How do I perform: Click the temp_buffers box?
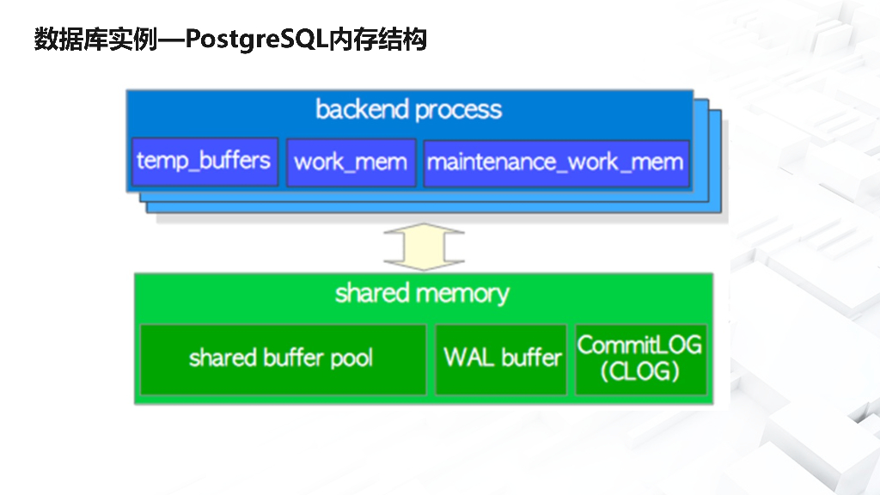[205, 161]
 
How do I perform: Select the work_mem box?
[350, 162]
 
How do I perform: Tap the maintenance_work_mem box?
[556, 162]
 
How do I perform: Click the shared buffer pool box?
[283, 359]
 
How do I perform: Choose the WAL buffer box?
[501, 359]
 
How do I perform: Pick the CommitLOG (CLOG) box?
[640, 359]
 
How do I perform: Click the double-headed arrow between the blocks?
[423, 247]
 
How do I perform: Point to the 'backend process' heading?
[409, 110]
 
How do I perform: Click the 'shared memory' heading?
[422, 294]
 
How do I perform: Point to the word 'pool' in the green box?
[351, 357]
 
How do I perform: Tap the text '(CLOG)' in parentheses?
[640, 372]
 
